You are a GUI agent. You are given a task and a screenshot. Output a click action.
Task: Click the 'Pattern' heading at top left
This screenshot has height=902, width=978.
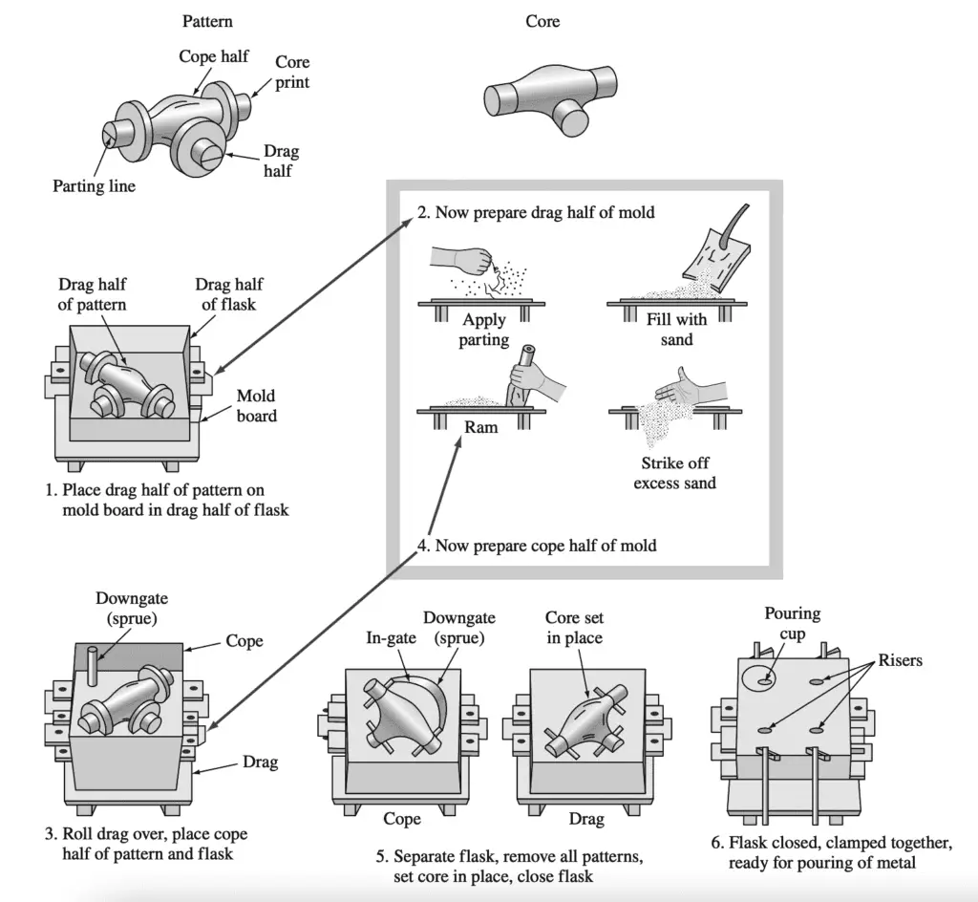click(x=207, y=21)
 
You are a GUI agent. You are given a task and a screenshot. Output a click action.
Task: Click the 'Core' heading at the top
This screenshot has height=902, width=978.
click(x=542, y=21)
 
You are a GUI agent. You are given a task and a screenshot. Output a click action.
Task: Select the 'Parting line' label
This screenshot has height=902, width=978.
click(x=94, y=186)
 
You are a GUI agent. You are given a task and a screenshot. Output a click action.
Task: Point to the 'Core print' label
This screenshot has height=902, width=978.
click(x=292, y=72)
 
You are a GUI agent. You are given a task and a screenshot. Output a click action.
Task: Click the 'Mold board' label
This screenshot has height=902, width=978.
click(x=256, y=405)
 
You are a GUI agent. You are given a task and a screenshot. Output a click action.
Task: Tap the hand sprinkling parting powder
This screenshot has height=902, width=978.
click(x=462, y=260)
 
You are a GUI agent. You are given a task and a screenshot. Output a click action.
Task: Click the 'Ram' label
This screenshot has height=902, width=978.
click(x=481, y=427)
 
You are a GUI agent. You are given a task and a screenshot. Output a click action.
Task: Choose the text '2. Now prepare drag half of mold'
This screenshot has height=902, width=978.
click(x=535, y=212)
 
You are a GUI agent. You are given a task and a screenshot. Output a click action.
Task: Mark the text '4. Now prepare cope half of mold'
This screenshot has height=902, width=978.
click(x=536, y=546)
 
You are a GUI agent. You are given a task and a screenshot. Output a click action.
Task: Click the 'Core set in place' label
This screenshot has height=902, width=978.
click(x=574, y=628)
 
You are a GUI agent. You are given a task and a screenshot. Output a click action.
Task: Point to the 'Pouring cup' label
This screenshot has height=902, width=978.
click(x=792, y=624)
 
